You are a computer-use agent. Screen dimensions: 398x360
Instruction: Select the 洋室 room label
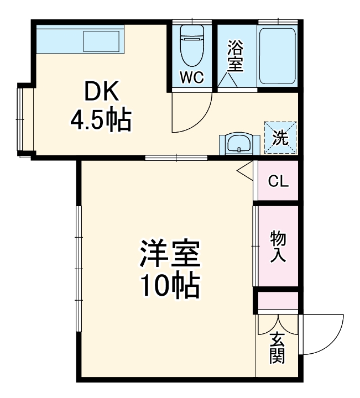tap(169, 255)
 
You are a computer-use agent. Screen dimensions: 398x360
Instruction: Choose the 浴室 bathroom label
tap(235, 56)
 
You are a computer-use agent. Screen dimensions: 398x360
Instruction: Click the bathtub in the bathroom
tap(278, 54)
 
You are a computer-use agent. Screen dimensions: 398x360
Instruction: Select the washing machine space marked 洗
tap(280, 137)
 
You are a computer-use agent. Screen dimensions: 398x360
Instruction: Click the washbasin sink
tap(239, 144)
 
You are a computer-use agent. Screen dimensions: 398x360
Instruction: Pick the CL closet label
tap(278, 181)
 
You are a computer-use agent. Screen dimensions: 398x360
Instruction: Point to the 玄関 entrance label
tap(277, 348)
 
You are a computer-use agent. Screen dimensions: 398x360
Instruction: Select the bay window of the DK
tap(22, 121)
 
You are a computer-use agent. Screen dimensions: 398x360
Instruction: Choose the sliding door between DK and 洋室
tap(176, 159)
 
